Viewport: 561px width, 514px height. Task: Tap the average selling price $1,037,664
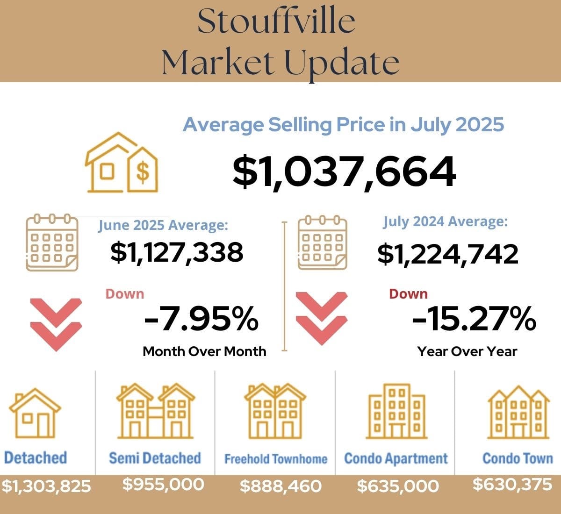pos(344,171)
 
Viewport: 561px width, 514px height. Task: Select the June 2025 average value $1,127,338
pos(177,252)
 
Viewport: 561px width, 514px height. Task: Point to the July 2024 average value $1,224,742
pos(448,254)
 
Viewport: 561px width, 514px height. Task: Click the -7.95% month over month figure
pos(201,319)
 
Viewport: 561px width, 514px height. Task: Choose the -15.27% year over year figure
pos(474,319)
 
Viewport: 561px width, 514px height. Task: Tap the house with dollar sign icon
pos(122,163)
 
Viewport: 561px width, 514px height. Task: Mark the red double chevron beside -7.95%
pos(56,324)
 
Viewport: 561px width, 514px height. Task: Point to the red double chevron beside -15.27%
pos(322,318)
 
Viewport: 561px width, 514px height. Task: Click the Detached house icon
pos(35,413)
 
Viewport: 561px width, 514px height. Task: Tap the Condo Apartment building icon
pos(396,411)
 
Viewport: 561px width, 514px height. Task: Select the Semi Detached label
pos(155,458)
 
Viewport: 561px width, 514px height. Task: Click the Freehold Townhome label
pos(276,459)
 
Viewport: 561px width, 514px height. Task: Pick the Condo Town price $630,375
pos(512,484)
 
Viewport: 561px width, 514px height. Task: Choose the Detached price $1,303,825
pos(46,486)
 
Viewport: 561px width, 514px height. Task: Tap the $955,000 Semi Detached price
pos(163,484)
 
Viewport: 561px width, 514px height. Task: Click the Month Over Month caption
pos(204,351)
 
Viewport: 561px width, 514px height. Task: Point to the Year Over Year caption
pos(467,351)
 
